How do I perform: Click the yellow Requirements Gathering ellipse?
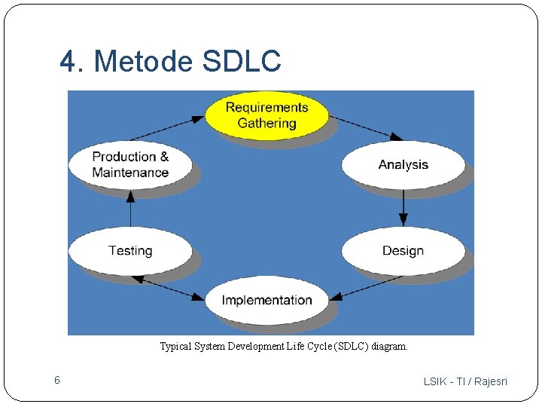coord(266,115)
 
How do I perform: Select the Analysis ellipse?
coord(403,164)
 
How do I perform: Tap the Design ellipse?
coord(403,250)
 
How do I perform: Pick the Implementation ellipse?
coord(266,300)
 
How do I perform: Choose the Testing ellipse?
coord(130,250)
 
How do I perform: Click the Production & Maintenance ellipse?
coord(130,164)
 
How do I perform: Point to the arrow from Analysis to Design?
coord(403,207)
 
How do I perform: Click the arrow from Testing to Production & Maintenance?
coord(130,207)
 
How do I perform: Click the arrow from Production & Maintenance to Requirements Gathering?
coord(167,128)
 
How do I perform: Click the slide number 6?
coord(56,381)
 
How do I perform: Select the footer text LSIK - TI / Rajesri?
coord(465,381)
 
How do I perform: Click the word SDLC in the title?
coord(241,62)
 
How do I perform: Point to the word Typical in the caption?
coord(175,347)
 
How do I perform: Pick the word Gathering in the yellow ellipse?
coord(266,124)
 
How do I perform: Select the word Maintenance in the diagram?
coord(130,173)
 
